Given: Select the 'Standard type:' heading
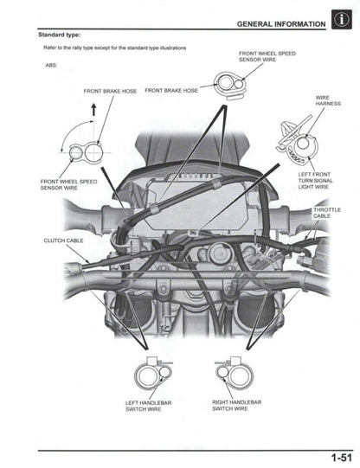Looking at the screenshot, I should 60,35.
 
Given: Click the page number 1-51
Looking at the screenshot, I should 338,457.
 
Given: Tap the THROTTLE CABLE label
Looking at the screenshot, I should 327,212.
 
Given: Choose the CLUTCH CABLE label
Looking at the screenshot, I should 61,240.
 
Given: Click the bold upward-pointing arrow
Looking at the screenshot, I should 93,110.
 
